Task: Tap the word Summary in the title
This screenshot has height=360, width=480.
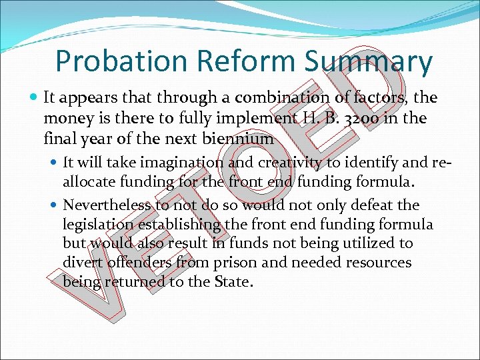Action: (x=368, y=61)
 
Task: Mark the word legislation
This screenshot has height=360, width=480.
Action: (x=98, y=224)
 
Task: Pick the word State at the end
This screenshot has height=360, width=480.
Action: (x=233, y=282)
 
